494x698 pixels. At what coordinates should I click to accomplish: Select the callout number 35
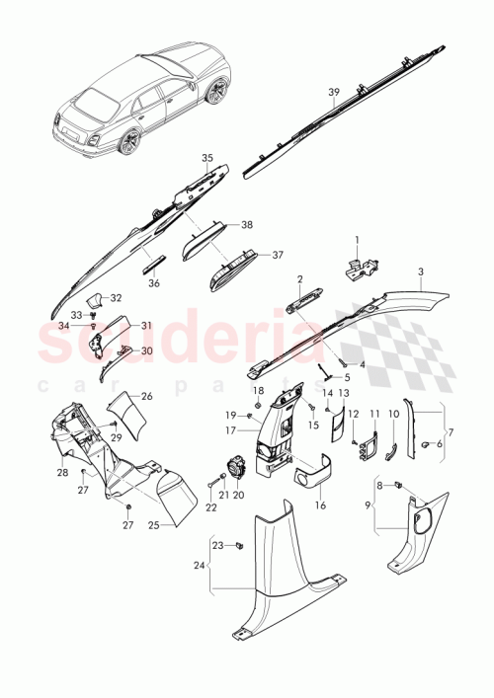[x=207, y=158]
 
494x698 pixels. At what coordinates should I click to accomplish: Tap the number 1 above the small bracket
[x=359, y=241]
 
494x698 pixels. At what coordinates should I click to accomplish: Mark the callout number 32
[x=116, y=298]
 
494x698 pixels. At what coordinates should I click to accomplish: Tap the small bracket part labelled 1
[x=362, y=266]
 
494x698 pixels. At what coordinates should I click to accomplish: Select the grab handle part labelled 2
[x=303, y=303]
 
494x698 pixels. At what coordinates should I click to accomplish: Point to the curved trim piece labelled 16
[x=314, y=479]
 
